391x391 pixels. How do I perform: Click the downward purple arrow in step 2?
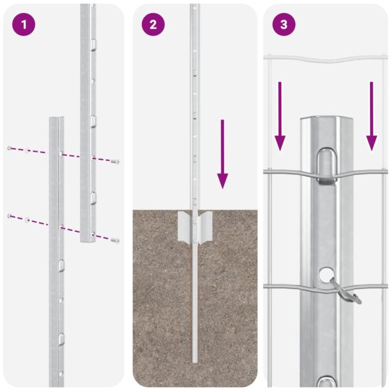click(x=223, y=154)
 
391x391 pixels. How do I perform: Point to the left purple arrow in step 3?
click(x=280, y=116)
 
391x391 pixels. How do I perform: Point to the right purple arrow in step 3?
click(x=371, y=116)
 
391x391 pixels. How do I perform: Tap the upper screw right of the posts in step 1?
click(x=116, y=161)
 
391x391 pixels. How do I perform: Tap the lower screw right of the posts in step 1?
click(x=116, y=240)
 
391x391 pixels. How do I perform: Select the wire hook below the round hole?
click(x=346, y=291)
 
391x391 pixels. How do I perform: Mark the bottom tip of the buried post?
click(x=195, y=360)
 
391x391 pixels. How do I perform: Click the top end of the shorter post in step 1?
click(x=56, y=120)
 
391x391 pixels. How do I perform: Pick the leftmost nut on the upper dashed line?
click(x=9, y=148)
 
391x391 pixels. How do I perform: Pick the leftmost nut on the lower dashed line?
click(x=9, y=216)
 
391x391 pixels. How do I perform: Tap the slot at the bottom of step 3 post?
click(x=327, y=382)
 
